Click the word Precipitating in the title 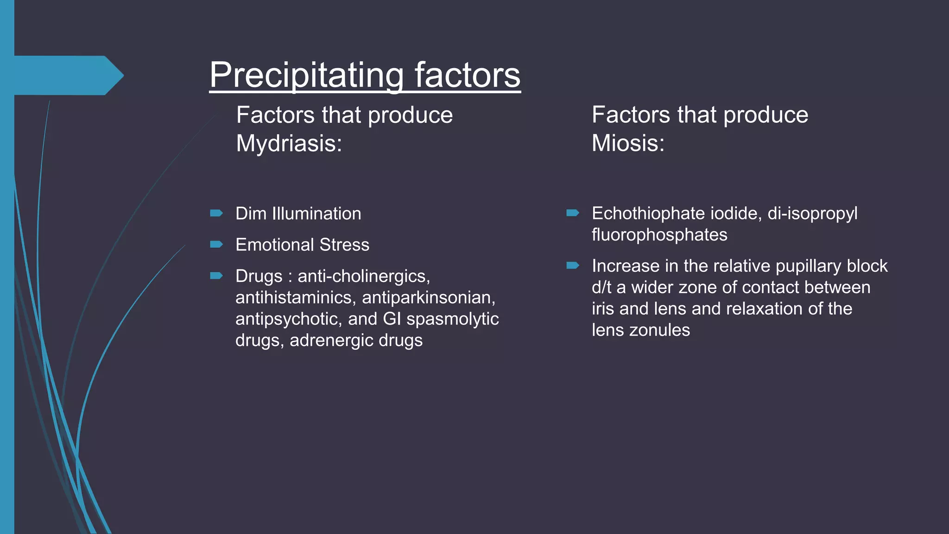click(x=306, y=75)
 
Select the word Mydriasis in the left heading click(x=288, y=143)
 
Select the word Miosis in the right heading click(x=627, y=143)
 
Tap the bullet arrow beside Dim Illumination click(x=216, y=213)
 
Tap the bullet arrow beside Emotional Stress click(x=216, y=244)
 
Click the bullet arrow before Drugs click(x=216, y=276)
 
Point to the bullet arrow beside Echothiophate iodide click(x=573, y=213)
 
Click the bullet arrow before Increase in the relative click(x=573, y=266)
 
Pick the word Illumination click(x=316, y=214)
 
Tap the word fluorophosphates click(x=659, y=235)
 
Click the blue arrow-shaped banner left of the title click(x=65, y=75)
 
